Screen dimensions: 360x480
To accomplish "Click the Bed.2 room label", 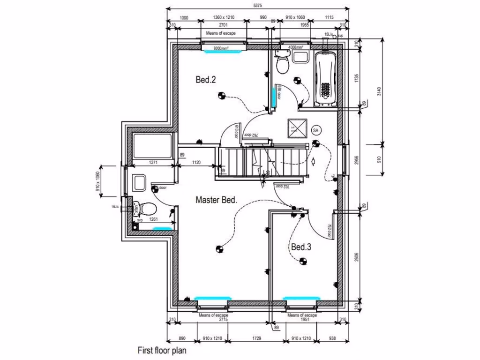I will tap(205, 80).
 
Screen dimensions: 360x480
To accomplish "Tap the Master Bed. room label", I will tap(216, 200).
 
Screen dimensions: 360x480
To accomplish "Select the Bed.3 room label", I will tap(301, 247).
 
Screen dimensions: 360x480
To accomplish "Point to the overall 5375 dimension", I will tap(258, 5).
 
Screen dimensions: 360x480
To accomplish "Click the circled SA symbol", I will tap(315, 129).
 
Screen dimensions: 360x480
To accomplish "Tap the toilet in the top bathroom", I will tap(282, 63).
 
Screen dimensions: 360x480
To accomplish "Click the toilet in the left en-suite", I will tap(144, 207).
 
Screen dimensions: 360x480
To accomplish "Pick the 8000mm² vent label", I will tap(223, 48).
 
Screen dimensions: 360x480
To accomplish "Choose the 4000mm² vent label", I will tap(295, 47).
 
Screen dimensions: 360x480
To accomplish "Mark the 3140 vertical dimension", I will tap(379, 90).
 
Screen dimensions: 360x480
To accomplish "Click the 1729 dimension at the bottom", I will tap(256, 338).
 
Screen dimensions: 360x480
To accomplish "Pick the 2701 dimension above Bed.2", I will tap(223, 25).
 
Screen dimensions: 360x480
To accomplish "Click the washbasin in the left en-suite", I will tap(139, 182).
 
